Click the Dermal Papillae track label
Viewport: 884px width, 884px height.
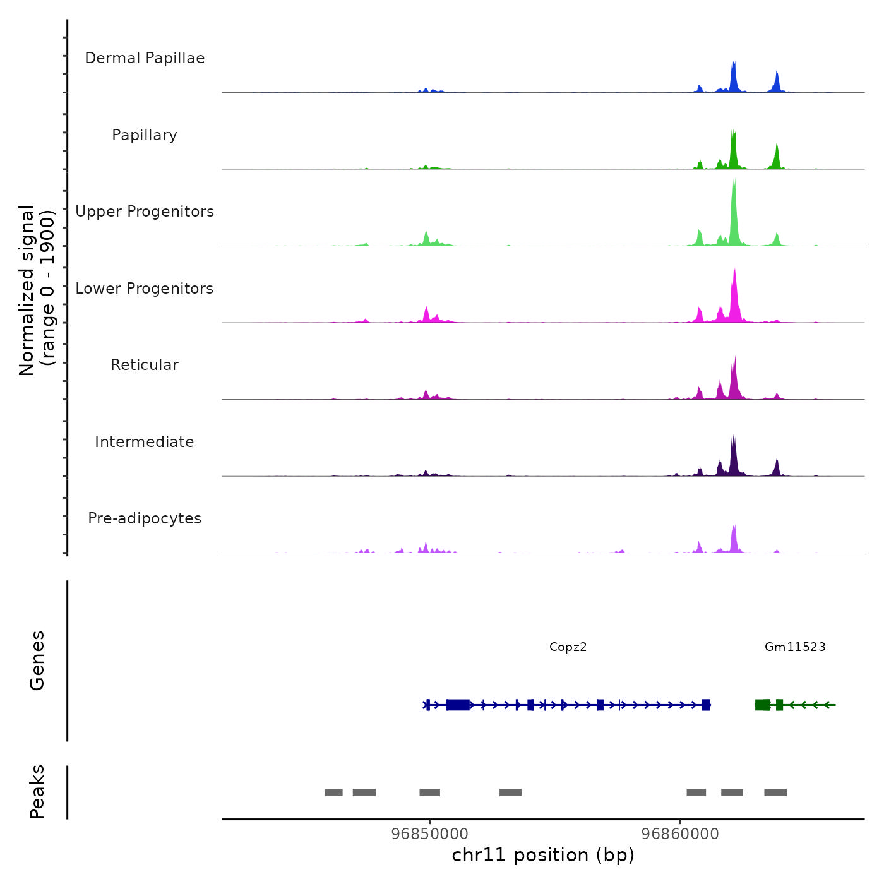click(x=145, y=58)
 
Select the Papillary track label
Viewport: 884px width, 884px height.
click(x=145, y=135)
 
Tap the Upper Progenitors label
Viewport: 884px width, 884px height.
click(x=145, y=212)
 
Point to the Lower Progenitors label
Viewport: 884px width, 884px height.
click(x=145, y=289)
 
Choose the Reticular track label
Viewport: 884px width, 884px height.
click(x=145, y=365)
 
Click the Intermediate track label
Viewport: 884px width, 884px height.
click(x=145, y=442)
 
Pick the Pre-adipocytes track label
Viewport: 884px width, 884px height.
click(x=145, y=518)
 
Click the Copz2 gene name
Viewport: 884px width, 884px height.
click(x=568, y=647)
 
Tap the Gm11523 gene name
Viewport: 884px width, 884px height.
click(x=795, y=647)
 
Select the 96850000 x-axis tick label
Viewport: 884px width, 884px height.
click(x=430, y=833)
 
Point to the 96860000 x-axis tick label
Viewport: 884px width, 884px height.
click(x=680, y=833)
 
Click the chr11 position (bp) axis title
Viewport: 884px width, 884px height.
click(x=543, y=855)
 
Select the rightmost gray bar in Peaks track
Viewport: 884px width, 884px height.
click(x=775, y=792)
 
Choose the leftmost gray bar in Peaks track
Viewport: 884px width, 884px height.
click(x=333, y=792)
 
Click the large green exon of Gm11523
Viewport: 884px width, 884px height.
click(x=763, y=705)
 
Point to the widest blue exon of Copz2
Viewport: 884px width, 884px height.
click(x=458, y=705)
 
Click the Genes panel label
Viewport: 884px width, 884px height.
click(x=37, y=660)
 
